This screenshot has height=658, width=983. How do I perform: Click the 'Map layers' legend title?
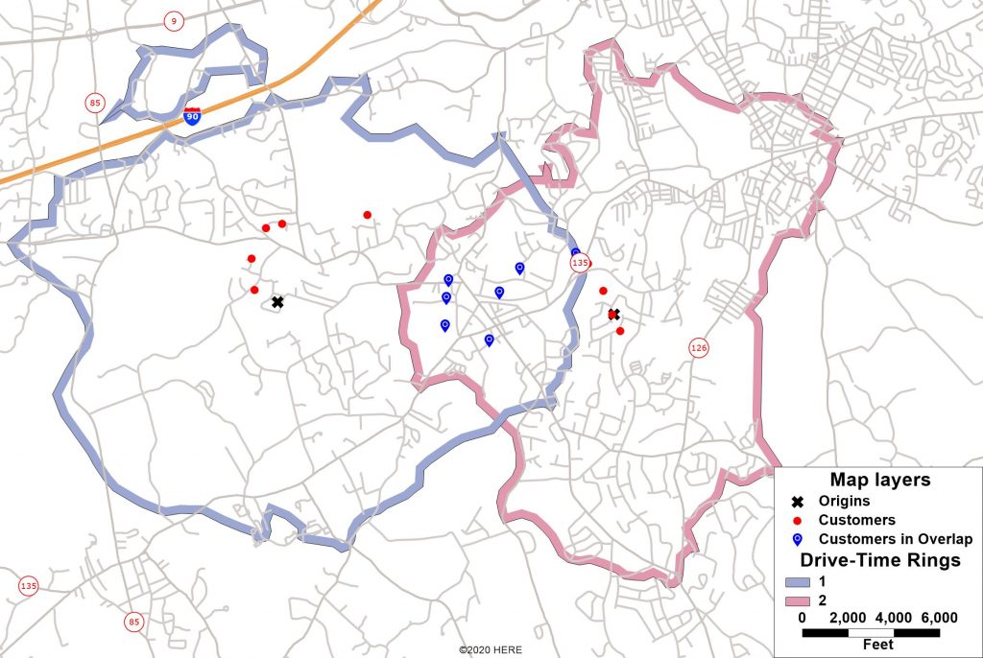(x=879, y=481)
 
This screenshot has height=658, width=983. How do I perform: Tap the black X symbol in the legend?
(x=797, y=502)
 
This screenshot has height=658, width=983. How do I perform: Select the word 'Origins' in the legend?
(x=844, y=502)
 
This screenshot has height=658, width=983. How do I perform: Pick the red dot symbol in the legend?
(x=797, y=520)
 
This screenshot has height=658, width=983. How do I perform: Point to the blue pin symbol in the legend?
(x=797, y=539)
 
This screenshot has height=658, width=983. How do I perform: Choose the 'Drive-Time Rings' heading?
(x=880, y=560)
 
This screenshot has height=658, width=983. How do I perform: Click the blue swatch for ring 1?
(x=797, y=581)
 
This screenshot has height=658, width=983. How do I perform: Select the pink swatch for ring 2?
(x=797, y=600)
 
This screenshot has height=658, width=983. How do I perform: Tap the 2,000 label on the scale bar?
(x=848, y=618)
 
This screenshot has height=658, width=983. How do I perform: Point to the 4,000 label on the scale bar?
(x=894, y=618)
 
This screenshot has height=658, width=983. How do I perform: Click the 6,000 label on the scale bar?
(x=939, y=618)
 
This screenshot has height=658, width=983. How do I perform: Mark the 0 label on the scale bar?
(x=802, y=618)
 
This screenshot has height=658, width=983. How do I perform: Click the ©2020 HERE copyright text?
(x=491, y=650)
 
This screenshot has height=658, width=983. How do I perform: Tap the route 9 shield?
(x=173, y=20)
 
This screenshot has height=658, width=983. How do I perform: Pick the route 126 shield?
(x=698, y=348)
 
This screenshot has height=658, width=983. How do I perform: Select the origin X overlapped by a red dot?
(x=613, y=315)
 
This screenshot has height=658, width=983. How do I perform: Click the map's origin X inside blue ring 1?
(x=277, y=302)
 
